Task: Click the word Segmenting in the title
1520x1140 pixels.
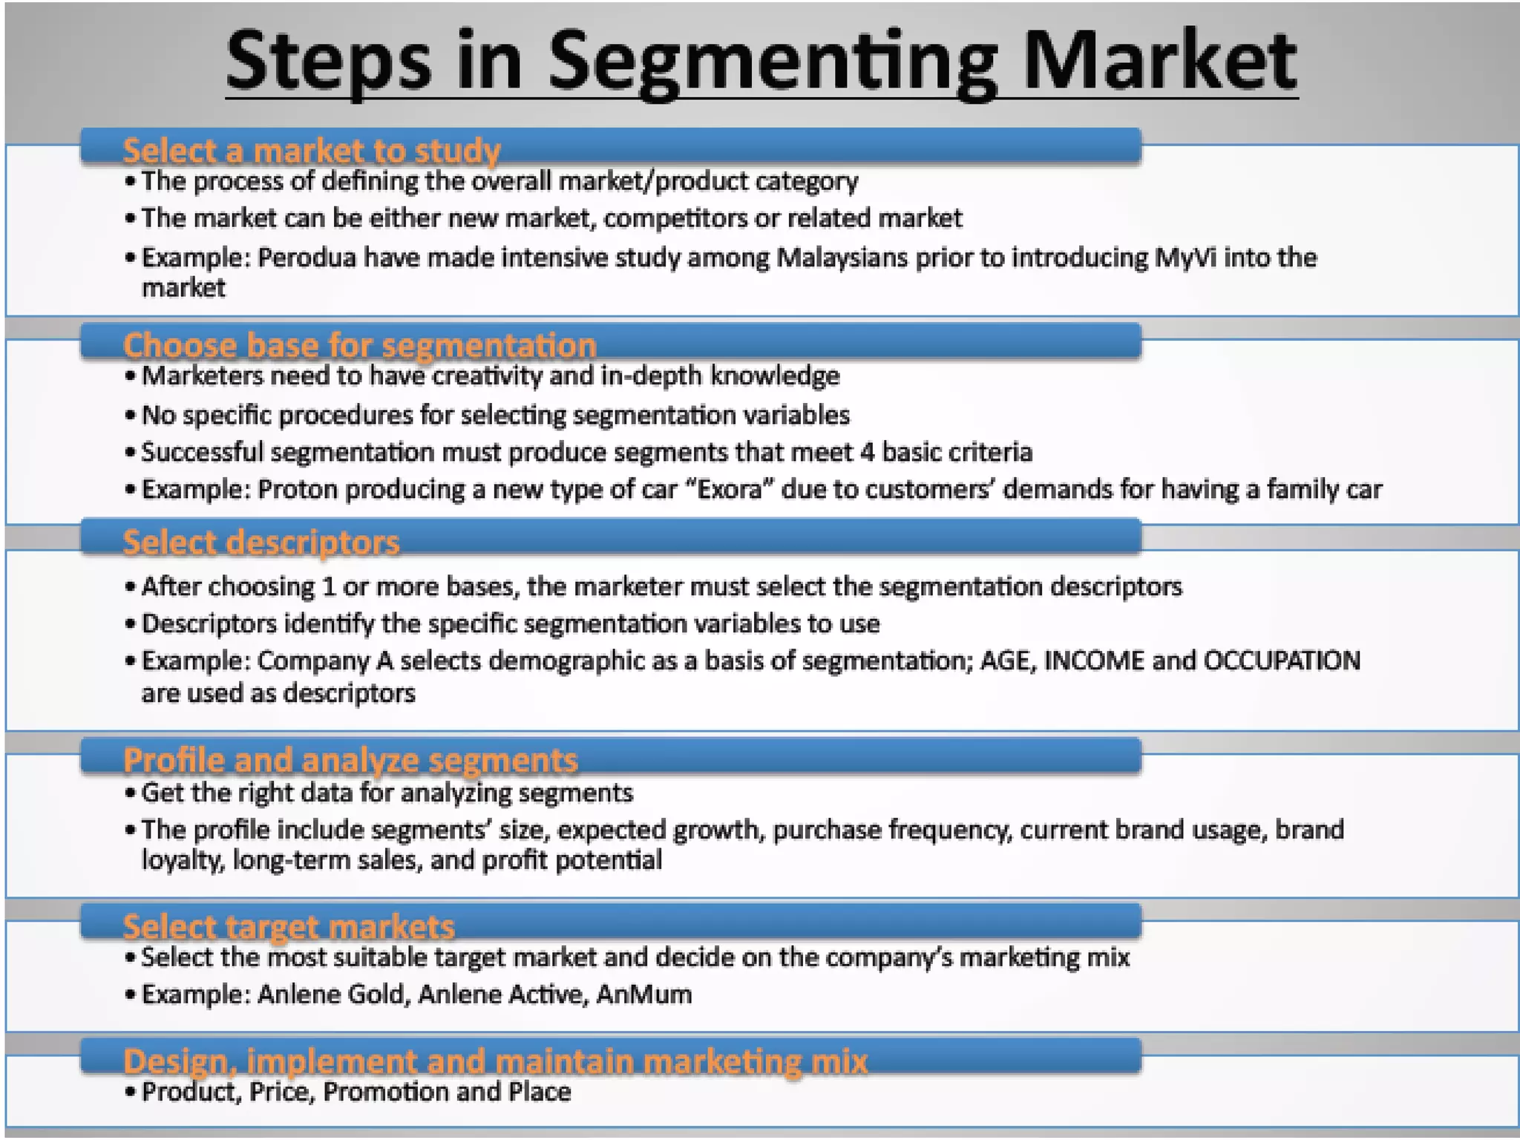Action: click(773, 63)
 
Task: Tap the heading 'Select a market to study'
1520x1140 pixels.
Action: click(312, 151)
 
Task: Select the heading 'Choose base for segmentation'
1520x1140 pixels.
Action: click(360, 346)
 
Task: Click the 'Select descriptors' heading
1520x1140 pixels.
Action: click(261, 543)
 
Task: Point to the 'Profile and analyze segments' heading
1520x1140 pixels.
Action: click(350, 761)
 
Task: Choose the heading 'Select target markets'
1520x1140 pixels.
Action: click(289, 927)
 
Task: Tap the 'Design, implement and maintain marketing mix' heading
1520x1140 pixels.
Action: click(495, 1061)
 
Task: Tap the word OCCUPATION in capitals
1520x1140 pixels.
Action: click(1282, 661)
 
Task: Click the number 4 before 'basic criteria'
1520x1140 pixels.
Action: click(867, 452)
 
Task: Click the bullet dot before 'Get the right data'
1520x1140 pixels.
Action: click(131, 793)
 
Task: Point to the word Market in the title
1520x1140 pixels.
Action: click(1159, 63)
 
